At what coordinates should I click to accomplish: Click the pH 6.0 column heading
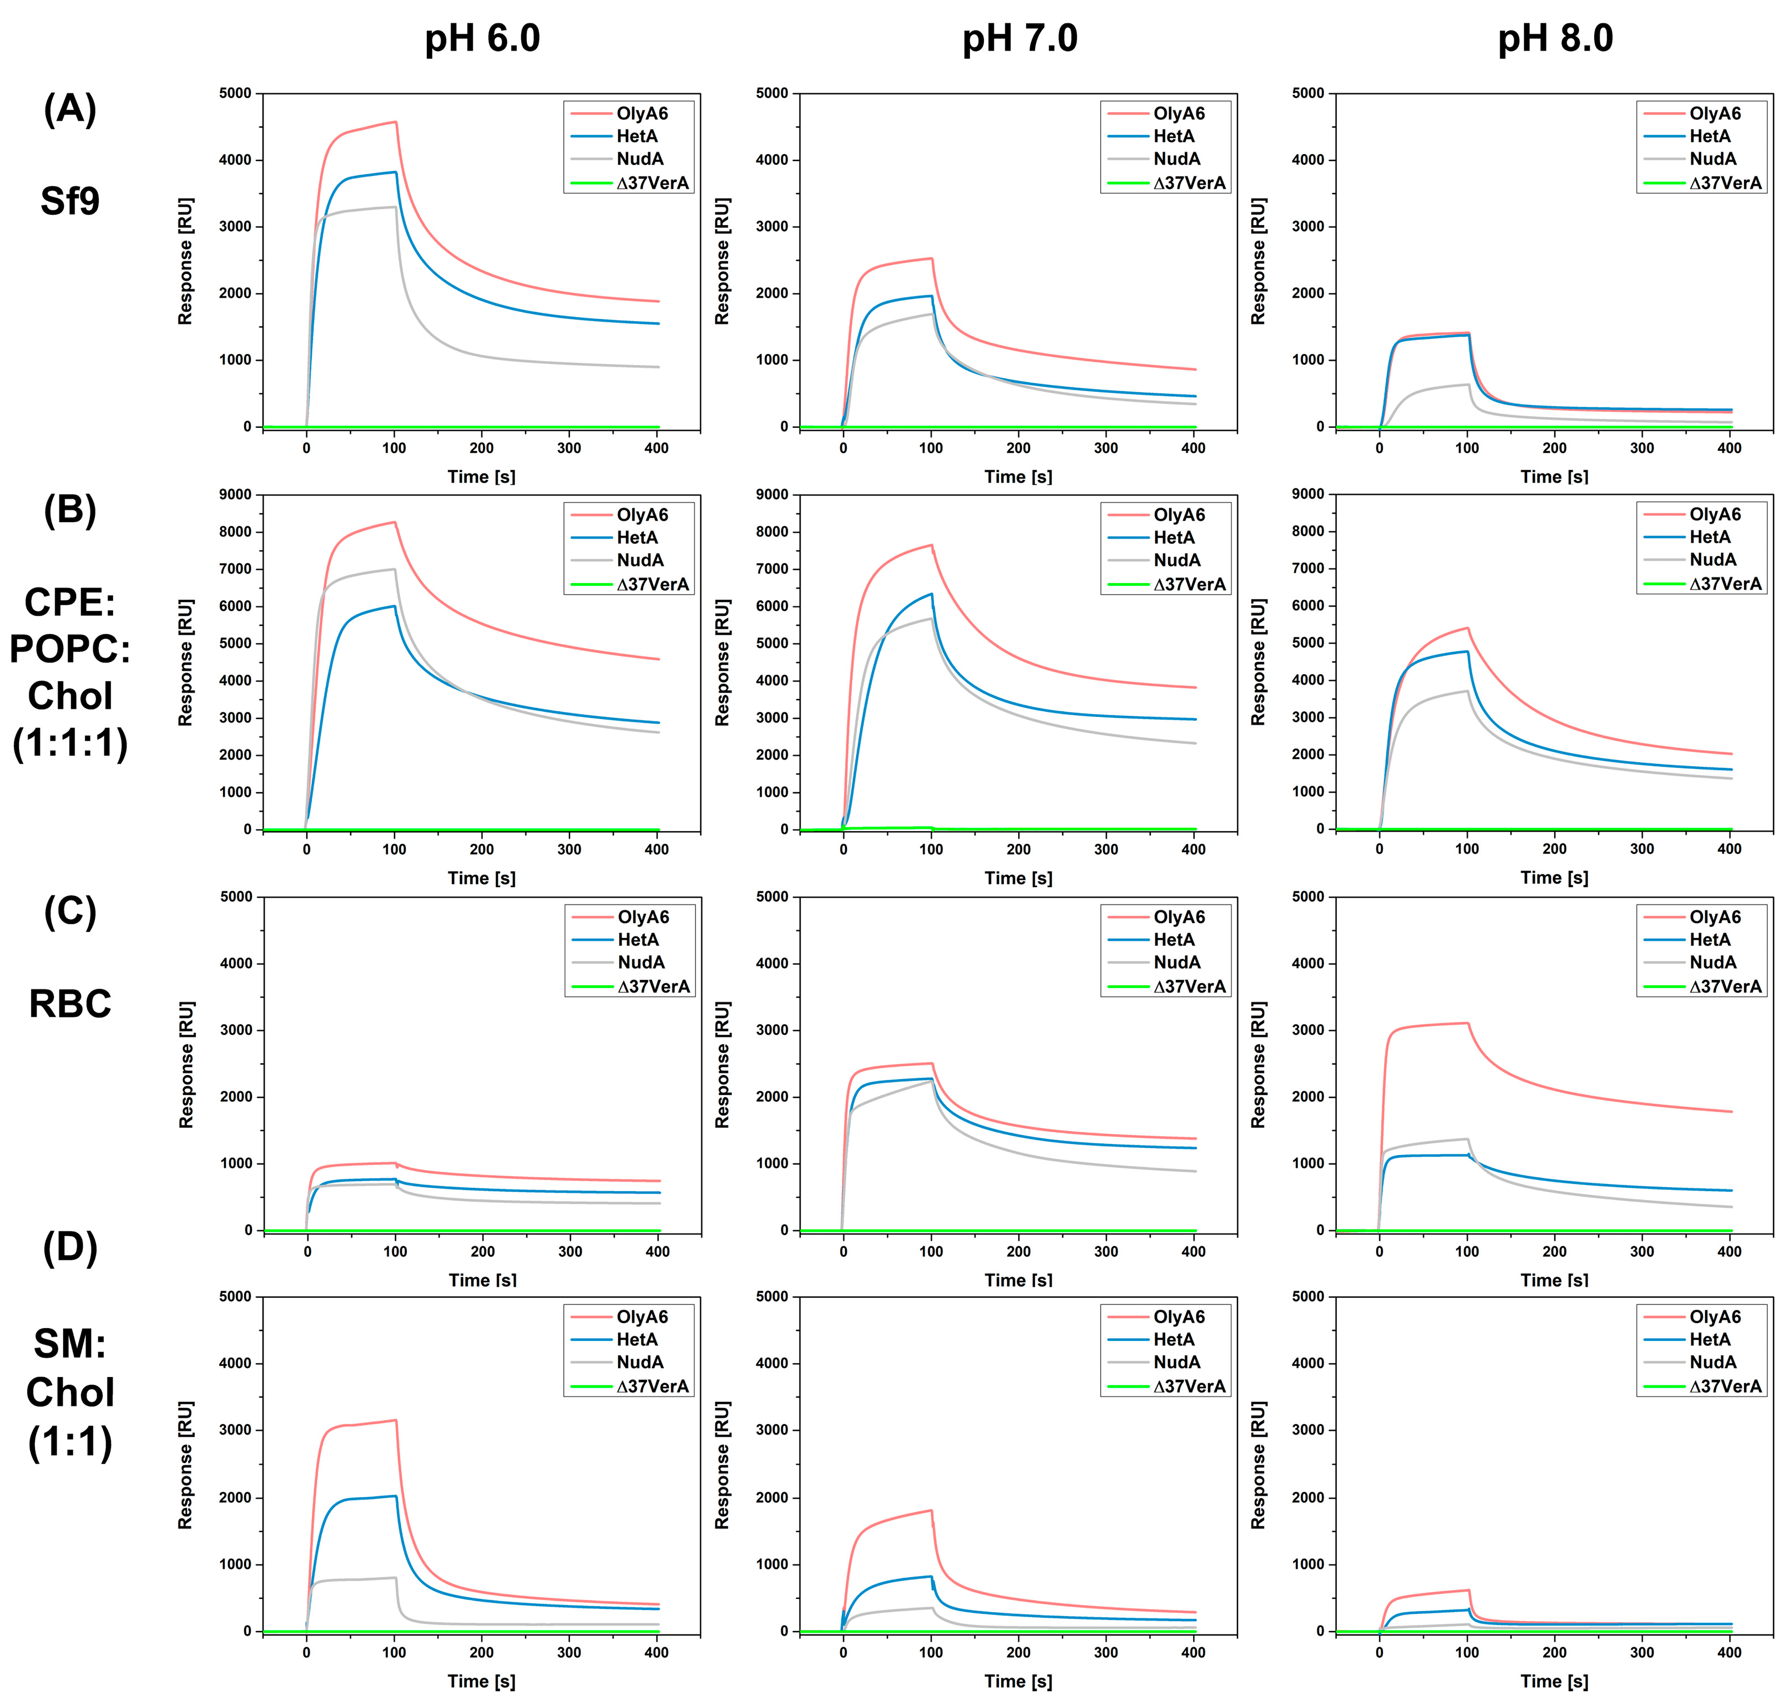[482, 39]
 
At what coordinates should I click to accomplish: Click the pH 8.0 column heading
[1555, 39]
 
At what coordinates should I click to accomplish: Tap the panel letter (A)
[70, 110]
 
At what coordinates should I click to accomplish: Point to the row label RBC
[70, 1004]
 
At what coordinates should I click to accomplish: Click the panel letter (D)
[70, 1248]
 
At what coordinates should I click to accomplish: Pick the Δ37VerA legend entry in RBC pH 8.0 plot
[1725, 986]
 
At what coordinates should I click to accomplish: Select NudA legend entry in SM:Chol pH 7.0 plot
[1176, 1362]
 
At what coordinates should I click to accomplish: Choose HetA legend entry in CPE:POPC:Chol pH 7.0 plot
[1173, 538]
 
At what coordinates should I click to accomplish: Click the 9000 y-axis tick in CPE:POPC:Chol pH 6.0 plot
[235, 494]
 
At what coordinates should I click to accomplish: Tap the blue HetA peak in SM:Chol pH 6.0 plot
[395, 1496]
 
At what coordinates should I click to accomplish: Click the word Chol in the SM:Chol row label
[70, 1393]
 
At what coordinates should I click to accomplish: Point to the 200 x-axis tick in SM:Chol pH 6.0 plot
[482, 1652]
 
